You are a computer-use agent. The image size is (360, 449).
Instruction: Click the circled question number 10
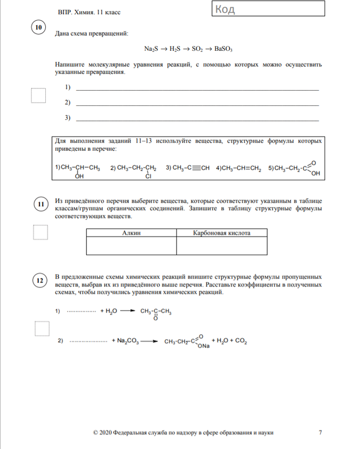click(38, 28)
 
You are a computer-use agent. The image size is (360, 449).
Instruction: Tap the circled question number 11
click(40, 205)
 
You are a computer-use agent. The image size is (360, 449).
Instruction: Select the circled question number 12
click(40, 281)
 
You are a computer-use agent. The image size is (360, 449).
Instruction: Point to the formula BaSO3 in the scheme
click(223, 48)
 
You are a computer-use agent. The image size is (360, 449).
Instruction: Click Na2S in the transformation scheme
click(151, 48)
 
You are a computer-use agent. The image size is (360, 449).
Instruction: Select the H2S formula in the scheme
click(175, 48)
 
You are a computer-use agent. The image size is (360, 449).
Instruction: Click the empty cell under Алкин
click(131, 246)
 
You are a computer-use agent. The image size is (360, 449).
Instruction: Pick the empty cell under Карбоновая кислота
click(222, 246)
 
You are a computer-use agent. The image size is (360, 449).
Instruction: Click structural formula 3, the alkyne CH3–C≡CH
click(188, 168)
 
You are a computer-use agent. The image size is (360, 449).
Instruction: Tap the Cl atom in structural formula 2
click(147, 176)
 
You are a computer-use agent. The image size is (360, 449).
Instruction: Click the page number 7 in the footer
click(320, 433)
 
